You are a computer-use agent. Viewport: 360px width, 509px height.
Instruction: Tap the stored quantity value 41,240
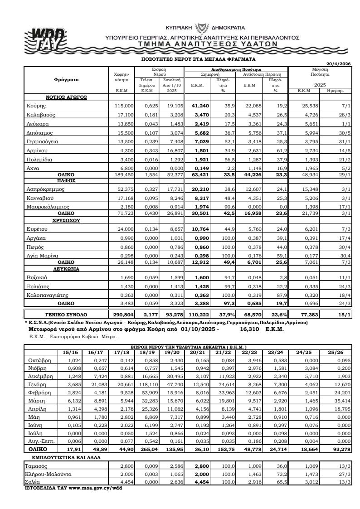[199, 105]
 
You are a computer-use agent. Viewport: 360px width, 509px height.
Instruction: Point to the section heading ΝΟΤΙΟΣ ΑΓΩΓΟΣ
[66, 97]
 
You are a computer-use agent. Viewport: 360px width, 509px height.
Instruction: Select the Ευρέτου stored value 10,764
[199, 229]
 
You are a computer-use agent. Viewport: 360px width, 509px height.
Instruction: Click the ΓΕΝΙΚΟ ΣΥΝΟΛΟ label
[66, 314]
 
